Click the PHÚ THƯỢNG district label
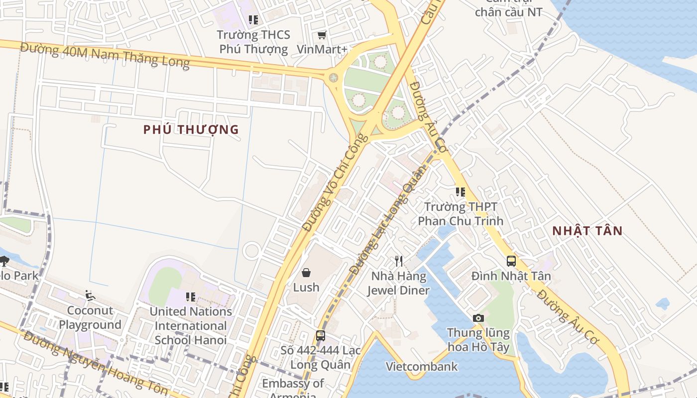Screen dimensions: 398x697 191,130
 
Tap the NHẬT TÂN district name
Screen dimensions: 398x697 587,231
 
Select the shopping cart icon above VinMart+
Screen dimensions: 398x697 322,35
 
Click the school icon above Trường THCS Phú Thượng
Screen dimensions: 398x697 253,20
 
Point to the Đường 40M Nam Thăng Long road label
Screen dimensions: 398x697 105,55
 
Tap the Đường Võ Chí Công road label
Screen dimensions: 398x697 335,183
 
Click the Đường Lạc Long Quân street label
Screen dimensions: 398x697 389,219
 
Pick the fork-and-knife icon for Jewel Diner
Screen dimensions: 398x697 398,261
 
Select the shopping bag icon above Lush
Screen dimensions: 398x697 306,273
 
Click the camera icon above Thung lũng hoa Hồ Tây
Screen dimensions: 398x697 478,318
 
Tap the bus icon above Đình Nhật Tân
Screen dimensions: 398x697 511,261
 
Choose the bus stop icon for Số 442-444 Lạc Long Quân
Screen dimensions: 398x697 321,335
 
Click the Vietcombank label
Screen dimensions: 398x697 422,367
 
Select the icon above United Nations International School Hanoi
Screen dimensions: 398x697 191,297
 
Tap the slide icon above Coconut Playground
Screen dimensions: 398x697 90,296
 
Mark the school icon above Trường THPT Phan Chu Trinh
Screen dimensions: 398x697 461,192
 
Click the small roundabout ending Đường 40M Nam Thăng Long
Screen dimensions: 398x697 333,78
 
